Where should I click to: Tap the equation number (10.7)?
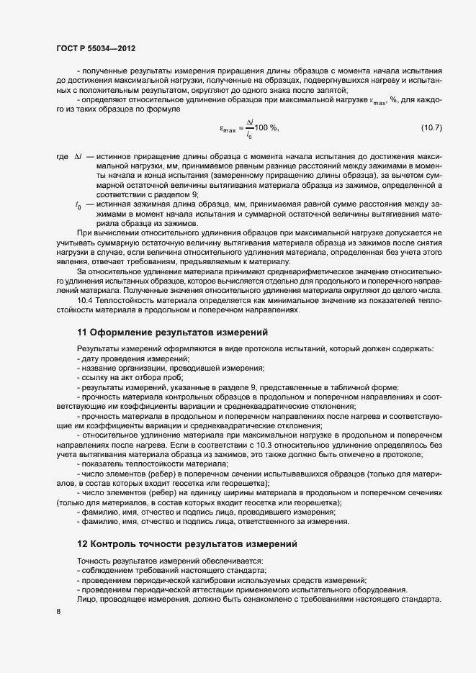pos(431,127)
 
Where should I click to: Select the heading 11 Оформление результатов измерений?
pos(172,333)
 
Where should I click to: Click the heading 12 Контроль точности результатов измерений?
pos(186,543)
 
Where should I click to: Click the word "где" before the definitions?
pos(61,157)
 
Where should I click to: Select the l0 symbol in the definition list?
pos(78,206)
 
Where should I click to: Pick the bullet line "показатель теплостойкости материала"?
pos(152,464)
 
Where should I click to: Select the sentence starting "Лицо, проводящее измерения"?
pos(258,599)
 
